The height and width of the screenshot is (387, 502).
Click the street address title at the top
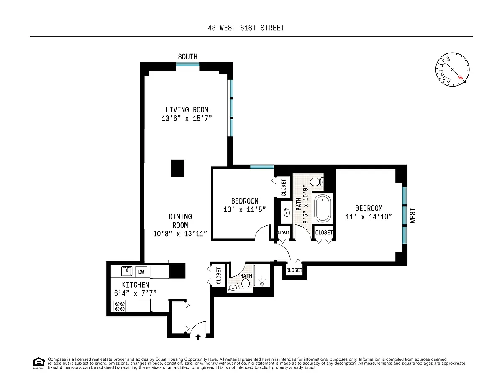coord(246,28)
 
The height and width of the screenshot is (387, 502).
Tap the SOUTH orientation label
coord(187,57)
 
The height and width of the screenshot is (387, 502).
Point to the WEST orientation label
coord(412,216)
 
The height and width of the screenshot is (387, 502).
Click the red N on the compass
coord(461,78)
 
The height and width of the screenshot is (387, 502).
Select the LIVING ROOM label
coord(187,110)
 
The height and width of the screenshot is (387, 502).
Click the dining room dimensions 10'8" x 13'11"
coord(180,234)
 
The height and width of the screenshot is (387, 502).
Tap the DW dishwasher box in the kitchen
coord(141,272)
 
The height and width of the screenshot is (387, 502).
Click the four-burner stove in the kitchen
coord(120,306)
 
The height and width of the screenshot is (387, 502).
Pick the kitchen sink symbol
coord(127,271)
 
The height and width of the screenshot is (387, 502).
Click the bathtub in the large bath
coord(323,209)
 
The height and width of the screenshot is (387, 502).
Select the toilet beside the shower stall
coord(245,283)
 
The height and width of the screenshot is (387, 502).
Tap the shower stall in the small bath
coord(262,275)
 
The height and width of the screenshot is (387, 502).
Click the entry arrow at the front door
coord(198,337)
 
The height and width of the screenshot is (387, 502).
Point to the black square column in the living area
coord(178,168)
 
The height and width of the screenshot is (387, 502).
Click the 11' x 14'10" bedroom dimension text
coord(369,216)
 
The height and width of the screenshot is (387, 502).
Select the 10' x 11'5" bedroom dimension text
coord(245,209)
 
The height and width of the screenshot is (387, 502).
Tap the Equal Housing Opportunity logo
coord(38,363)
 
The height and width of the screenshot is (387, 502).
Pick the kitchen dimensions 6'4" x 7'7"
coord(136,293)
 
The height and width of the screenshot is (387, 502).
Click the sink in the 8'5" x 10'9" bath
coord(287,212)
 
